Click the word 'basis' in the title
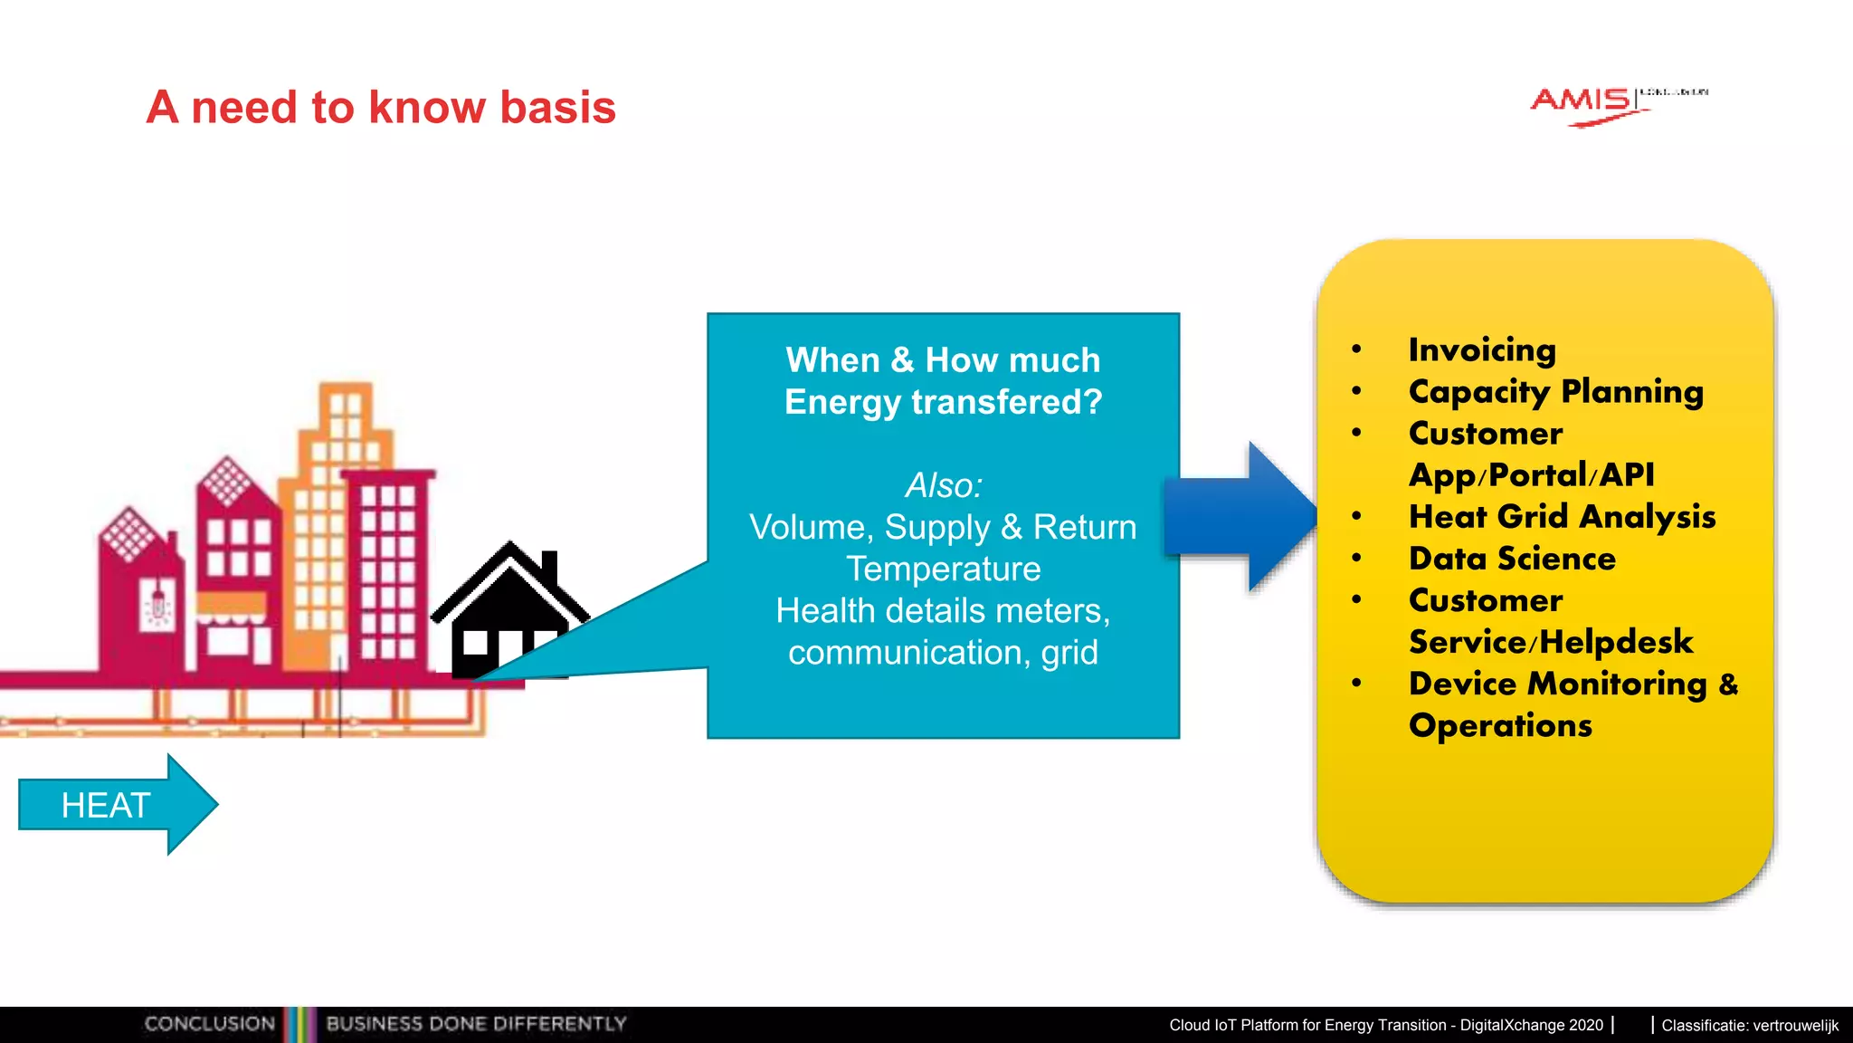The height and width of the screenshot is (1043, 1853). [x=557, y=108]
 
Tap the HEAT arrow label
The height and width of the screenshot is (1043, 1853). [x=106, y=805]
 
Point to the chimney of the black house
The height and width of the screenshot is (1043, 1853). [x=548, y=566]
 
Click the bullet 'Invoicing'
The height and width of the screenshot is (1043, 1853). [x=1482, y=349]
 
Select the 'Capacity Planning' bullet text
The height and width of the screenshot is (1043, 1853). [x=1555, y=391]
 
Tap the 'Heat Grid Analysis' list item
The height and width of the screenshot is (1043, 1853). [x=1562, y=516]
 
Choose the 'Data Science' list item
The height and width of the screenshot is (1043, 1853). [x=1512, y=558]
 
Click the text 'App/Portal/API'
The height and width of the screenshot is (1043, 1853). [x=1531, y=474]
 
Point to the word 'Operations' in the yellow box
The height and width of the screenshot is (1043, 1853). [x=1500, y=725]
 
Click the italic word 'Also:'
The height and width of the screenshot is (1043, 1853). [x=944, y=485]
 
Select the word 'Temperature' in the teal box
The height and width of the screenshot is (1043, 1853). [x=944, y=569]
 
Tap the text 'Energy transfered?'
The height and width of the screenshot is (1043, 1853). [x=944, y=402]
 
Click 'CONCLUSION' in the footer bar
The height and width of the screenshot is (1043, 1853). [x=209, y=1024]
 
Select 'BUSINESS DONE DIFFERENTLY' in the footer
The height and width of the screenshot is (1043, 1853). [x=476, y=1024]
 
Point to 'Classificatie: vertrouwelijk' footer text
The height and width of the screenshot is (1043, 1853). [x=1750, y=1025]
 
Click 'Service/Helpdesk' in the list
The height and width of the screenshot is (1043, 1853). [x=1551, y=642]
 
